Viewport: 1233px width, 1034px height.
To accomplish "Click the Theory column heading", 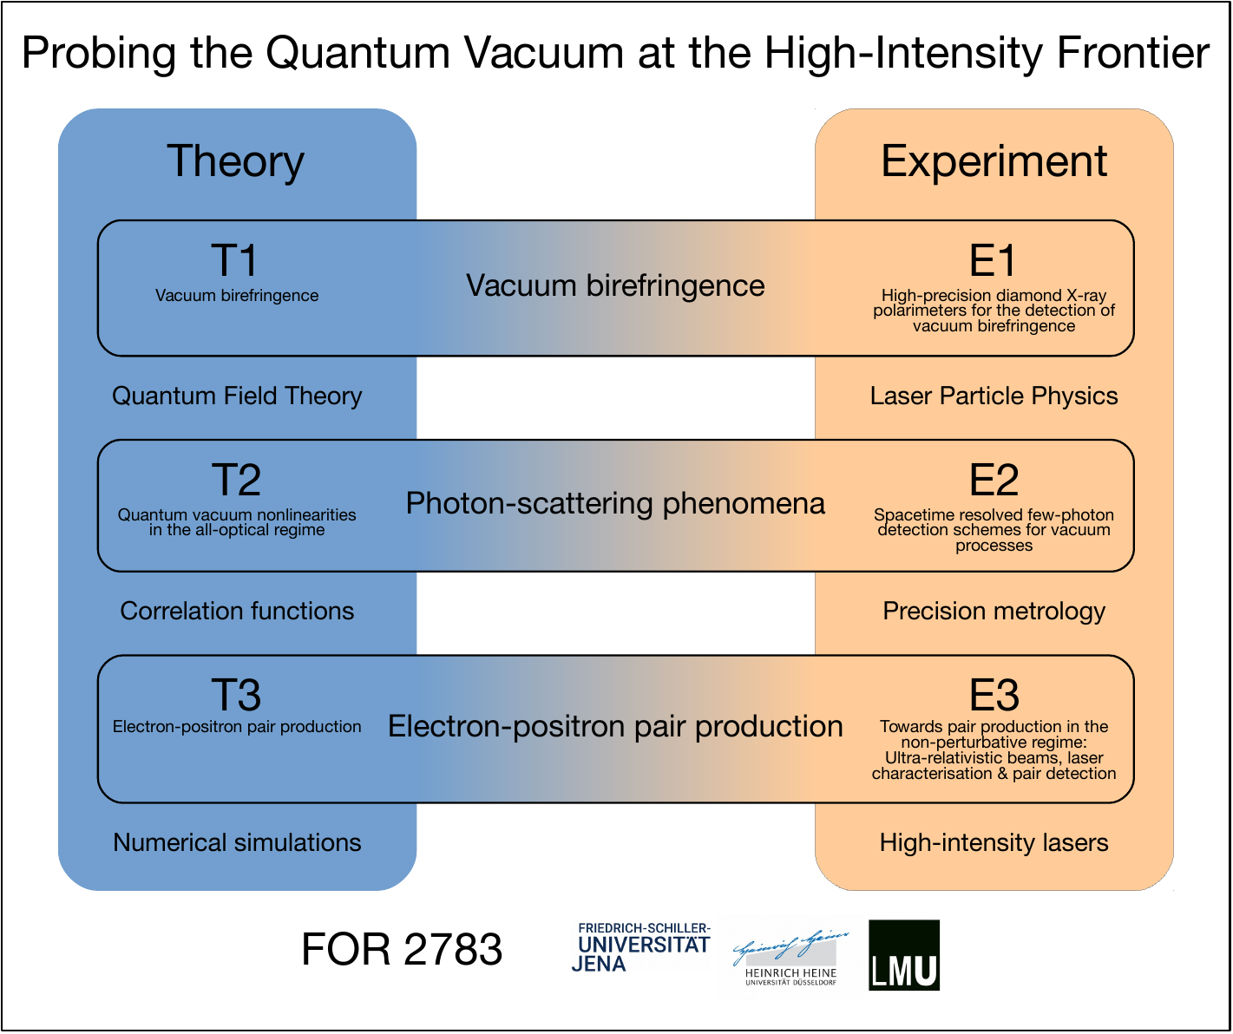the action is click(236, 161).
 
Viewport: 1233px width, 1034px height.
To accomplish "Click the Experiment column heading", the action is click(994, 161).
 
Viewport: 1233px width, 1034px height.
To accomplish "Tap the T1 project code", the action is click(235, 260).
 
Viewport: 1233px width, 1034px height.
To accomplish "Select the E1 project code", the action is click(993, 260).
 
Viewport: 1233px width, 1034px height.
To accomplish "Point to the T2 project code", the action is click(236, 480).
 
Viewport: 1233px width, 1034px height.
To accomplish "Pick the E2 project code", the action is click(994, 480).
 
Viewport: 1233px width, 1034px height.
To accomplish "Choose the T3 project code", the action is click(236, 695).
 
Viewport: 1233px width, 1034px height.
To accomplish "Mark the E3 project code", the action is click(994, 695).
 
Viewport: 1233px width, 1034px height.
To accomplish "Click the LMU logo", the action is click(904, 955).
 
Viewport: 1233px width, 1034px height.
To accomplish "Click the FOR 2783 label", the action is click(402, 950).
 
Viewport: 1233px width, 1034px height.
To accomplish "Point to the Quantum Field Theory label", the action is click(237, 396).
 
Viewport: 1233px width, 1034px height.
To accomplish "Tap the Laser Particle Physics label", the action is click(994, 396).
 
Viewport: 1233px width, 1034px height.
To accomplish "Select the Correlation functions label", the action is click(237, 612).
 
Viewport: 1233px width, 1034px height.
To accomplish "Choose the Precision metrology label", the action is click(994, 612).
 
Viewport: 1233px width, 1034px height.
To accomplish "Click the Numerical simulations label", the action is click(237, 842).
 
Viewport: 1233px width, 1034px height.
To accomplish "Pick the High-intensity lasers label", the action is click(994, 843).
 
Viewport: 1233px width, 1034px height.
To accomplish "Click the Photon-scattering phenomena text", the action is click(615, 504).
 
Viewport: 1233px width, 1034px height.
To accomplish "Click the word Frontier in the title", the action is click(1133, 53).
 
